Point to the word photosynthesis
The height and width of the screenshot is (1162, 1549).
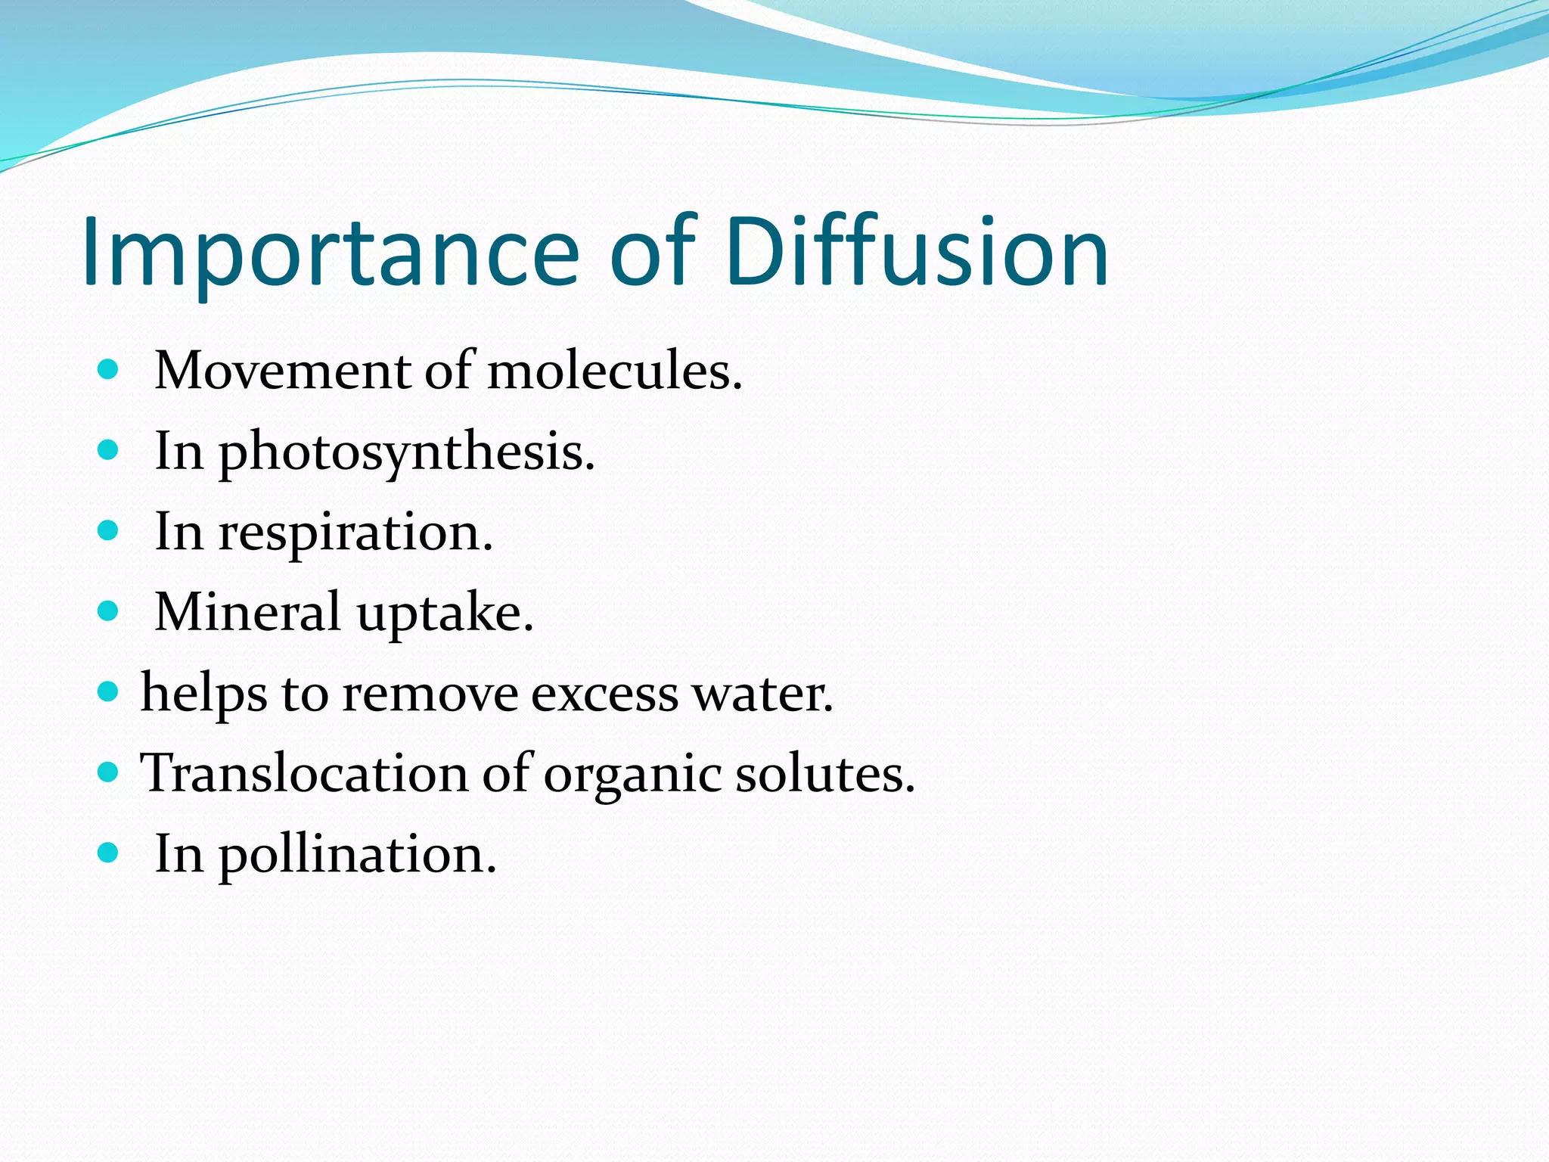pos(407,452)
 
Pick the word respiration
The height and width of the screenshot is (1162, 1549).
pos(355,533)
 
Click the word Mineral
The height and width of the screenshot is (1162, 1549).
pos(247,612)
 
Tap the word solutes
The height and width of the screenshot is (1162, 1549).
pos(825,774)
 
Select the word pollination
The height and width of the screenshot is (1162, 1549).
pos(358,855)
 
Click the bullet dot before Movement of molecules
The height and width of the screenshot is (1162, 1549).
pos(109,370)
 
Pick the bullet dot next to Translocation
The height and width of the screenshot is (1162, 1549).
pos(109,772)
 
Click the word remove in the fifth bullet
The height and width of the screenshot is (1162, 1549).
pos(430,694)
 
